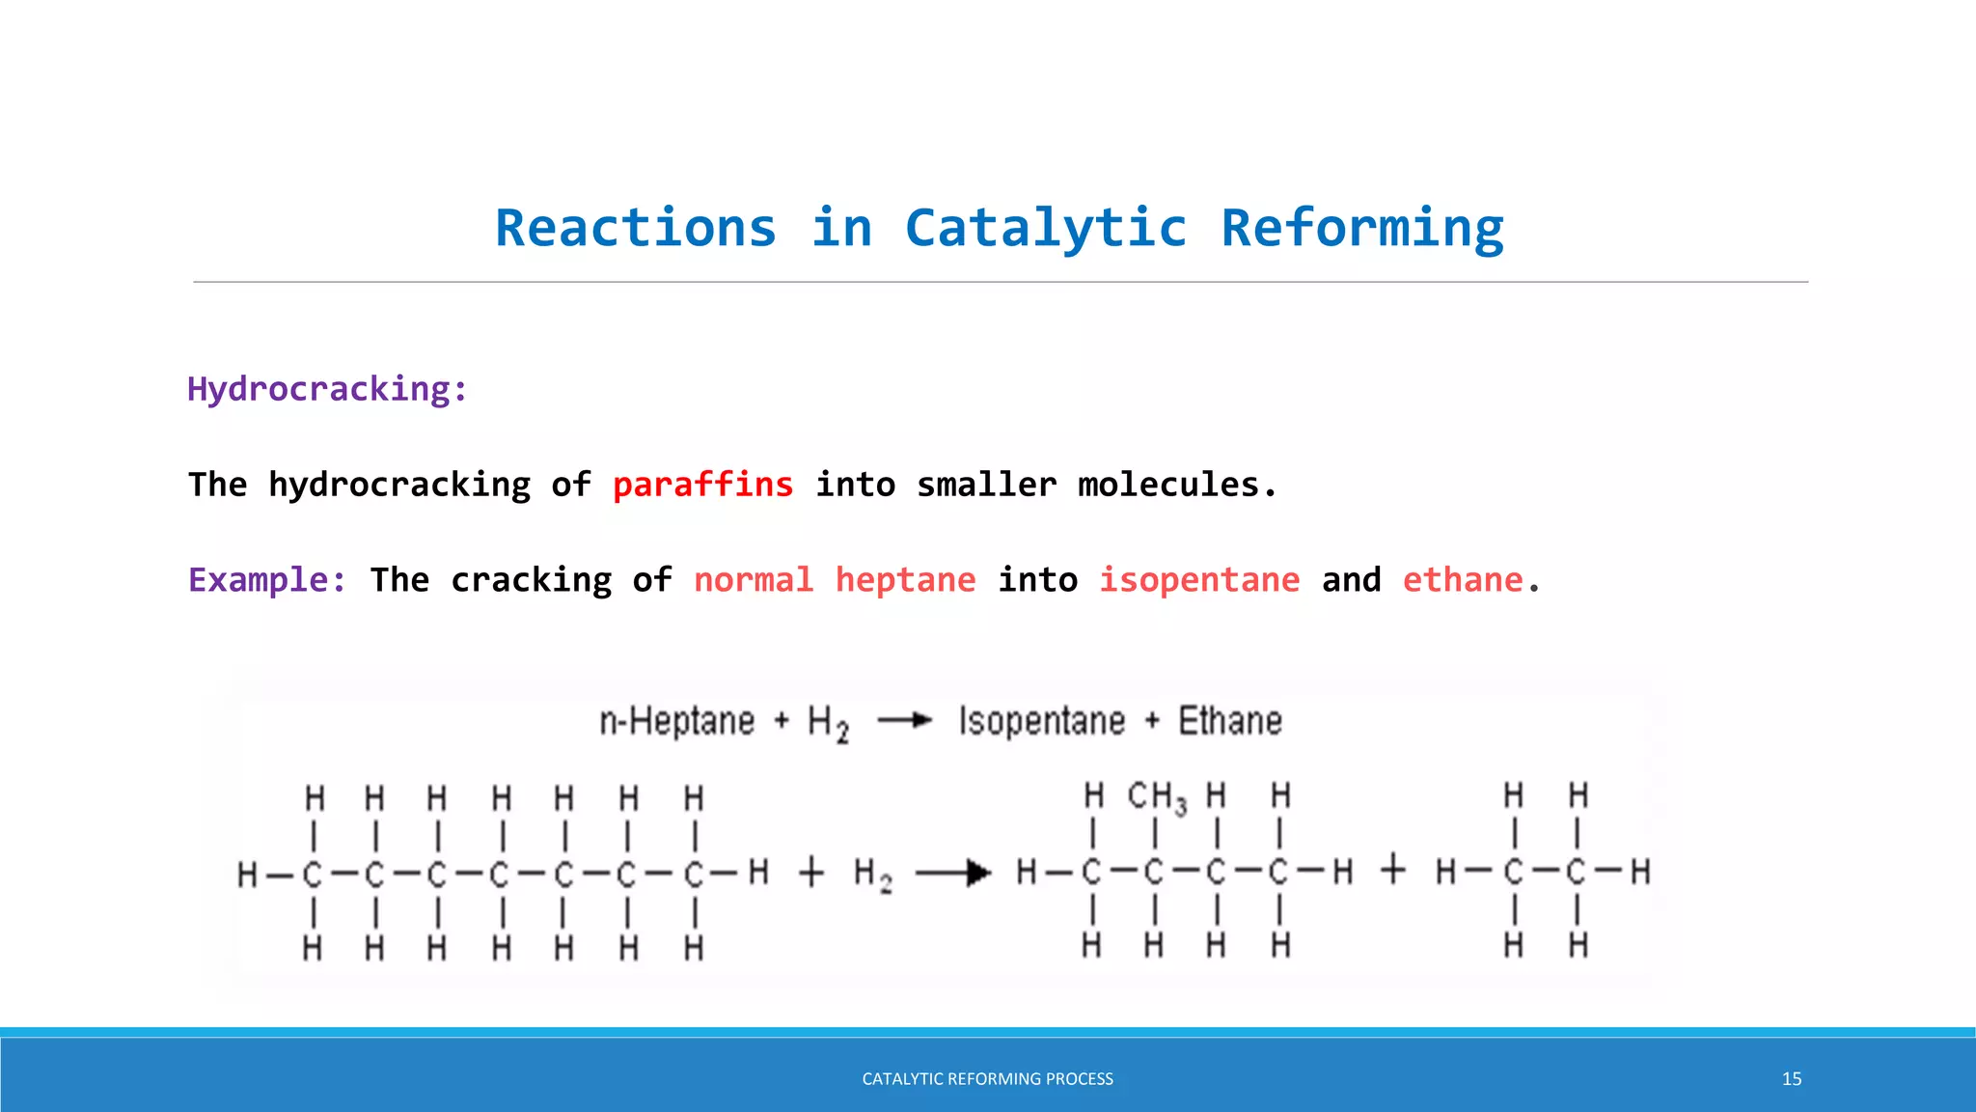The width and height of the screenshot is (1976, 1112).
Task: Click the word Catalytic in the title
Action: tap(1045, 229)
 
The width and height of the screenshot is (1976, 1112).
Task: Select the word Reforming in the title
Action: tap(1361, 229)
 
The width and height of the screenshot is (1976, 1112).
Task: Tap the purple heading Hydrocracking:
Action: tap(327, 389)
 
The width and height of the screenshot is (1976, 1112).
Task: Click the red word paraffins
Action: tap(702, 485)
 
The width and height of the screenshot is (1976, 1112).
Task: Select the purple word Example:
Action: tap(266, 580)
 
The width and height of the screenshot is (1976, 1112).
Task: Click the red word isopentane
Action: tap(1199, 580)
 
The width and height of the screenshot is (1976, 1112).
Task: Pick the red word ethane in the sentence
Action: tap(1462, 580)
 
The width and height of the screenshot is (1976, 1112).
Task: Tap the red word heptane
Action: tap(905, 580)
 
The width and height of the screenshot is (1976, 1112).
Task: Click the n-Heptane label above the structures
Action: tap(676, 722)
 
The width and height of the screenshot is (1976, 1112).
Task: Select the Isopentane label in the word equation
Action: tap(1041, 722)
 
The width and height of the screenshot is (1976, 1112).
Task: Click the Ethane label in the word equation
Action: tap(1229, 722)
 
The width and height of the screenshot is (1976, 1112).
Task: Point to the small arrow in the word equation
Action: tap(904, 721)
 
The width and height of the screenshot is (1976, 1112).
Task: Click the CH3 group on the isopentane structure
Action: tap(1156, 798)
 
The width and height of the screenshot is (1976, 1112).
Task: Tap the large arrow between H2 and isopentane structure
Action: tap(952, 874)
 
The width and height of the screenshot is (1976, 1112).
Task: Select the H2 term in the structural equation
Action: tap(872, 875)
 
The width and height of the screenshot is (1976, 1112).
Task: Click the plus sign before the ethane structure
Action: tap(1392, 871)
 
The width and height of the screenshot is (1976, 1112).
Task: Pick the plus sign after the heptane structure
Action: tap(811, 873)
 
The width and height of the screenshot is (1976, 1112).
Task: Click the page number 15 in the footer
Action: tap(1791, 1079)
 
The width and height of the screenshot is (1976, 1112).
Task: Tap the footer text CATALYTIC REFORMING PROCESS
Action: tap(987, 1079)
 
